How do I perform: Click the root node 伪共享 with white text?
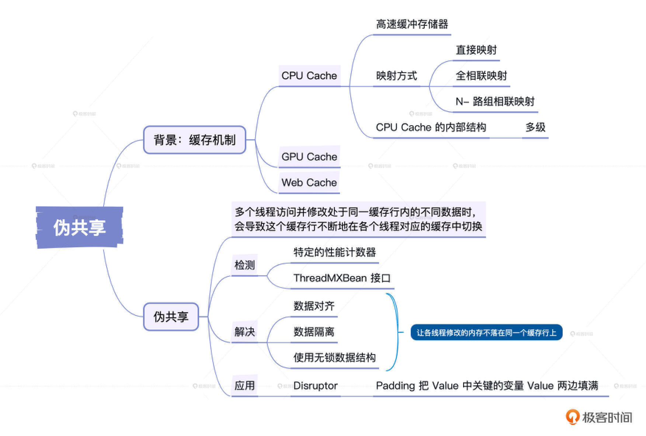click(x=80, y=227)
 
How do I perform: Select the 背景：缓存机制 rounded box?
click(x=194, y=140)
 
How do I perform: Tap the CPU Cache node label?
click(x=309, y=76)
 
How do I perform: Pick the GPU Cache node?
click(x=309, y=157)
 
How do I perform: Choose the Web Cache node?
click(x=309, y=183)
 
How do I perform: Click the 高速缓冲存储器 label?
click(x=412, y=24)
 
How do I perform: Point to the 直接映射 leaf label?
click(x=476, y=50)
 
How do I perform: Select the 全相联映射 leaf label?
click(x=481, y=76)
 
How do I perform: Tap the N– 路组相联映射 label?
click(x=495, y=101)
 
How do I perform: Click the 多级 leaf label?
click(x=535, y=128)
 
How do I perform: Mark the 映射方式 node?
click(x=396, y=76)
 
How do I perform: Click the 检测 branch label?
click(x=244, y=265)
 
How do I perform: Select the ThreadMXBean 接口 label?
click(x=342, y=278)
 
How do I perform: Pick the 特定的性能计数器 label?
click(x=334, y=252)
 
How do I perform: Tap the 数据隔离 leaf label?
click(x=314, y=332)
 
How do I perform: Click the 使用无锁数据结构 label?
click(x=334, y=357)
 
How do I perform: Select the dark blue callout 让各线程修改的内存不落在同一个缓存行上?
click(x=486, y=333)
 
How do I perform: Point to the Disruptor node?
click(x=315, y=386)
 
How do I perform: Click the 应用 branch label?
click(x=244, y=386)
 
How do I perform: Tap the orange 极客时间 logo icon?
click(x=572, y=417)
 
